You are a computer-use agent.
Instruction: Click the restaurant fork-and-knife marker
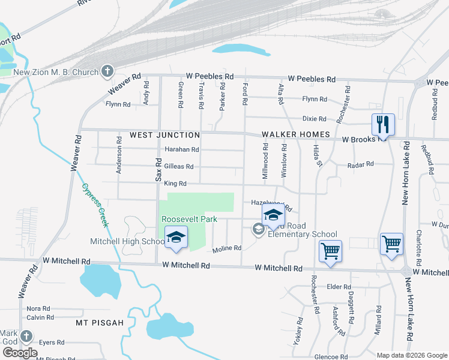tap(383, 125)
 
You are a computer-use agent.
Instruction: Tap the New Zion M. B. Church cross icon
tap(107, 72)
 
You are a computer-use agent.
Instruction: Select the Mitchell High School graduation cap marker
tap(176, 237)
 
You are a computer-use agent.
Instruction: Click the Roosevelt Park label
tap(189, 220)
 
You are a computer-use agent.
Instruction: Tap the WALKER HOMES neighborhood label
tap(296, 135)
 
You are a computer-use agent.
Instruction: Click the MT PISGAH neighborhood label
tap(100, 323)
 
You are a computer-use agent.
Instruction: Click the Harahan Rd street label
tap(181, 149)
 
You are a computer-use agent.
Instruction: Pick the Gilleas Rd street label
tap(179, 166)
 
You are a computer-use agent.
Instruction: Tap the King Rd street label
tap(175, 183)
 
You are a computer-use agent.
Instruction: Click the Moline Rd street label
tap(227, 248)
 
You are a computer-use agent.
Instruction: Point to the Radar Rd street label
tap(361, 164)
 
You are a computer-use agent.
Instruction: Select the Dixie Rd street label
tap(331, 119)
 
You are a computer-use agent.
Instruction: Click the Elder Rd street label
tap(338, 287)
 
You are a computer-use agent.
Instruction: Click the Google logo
tap(20, 352)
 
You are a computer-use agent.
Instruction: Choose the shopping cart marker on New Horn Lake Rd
tap(391, 244)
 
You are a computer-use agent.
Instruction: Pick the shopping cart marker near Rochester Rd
tap(330, 251)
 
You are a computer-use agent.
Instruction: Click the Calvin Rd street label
tap(40, 317)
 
